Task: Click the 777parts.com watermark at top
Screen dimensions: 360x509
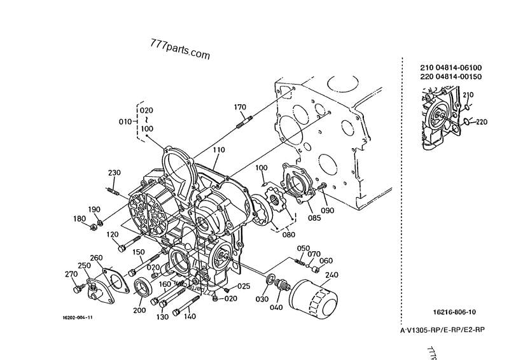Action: [x=179, y=50]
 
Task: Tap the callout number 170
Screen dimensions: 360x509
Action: [x=240, y=107]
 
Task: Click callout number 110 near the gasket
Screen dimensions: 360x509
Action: [x=219, y=150]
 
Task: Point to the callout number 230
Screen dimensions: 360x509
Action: [x=114, y=173]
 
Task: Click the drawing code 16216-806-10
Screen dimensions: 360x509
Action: [x=454, y=312]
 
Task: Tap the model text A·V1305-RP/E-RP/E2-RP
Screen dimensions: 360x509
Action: [x=442, y=331]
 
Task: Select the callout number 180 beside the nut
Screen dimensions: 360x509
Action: [x=79, y=219]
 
